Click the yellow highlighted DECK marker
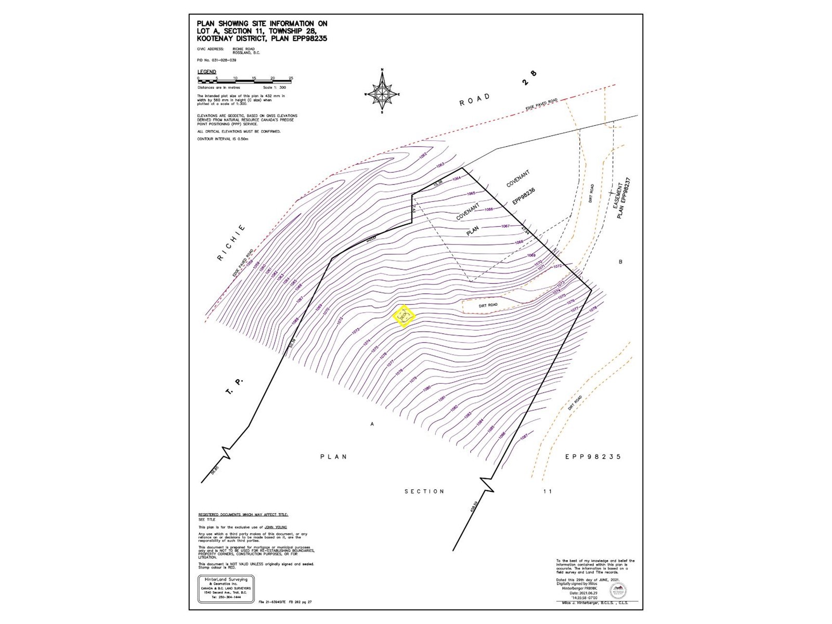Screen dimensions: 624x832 click(x=404, y=316)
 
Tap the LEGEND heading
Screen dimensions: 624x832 click(x=206, y=72)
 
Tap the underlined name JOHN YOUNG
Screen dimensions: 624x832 click(x=276, y=527)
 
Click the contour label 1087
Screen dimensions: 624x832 click(x=524, y=437)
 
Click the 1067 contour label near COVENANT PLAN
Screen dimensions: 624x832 click(x=505, y=226)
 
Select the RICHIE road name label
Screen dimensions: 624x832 click(x=231, y=243)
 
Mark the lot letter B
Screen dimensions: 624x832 click(x=620, y=262)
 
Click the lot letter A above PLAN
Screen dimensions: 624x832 click(x=372, y=424)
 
